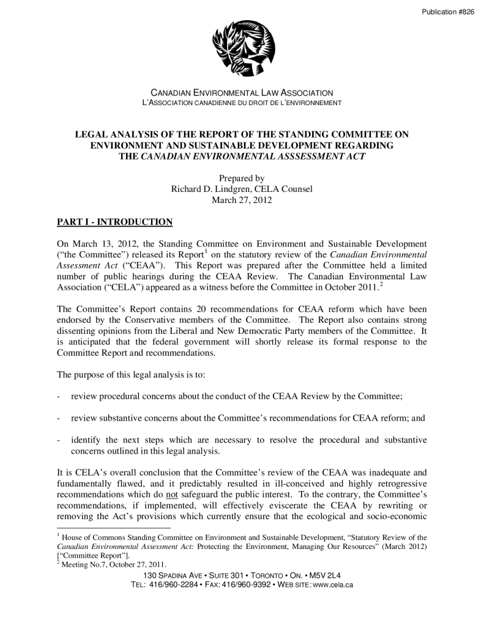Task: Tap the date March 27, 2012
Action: coord(242,199)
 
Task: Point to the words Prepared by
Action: coord(242,179)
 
